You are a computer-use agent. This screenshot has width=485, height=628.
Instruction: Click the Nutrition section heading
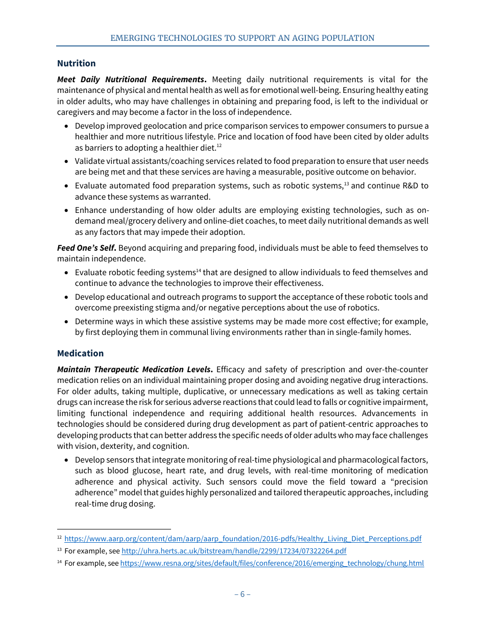[76, 63]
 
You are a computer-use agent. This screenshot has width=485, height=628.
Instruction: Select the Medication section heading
[80, 353]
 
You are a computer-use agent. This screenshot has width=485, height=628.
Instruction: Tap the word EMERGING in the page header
[131, 38]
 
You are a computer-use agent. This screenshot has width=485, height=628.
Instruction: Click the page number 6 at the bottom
[242, 594]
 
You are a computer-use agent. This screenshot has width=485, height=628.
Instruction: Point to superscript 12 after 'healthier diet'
[219, 146]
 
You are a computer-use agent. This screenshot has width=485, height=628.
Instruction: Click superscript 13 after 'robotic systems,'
[346, 184]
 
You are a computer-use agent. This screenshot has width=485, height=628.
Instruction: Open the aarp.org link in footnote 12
[243, 539]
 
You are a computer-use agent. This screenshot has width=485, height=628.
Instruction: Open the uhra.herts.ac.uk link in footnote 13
[233, 551]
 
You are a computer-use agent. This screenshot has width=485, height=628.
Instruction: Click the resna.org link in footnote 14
[272, 564]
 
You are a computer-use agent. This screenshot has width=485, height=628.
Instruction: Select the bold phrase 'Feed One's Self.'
[87, 248]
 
